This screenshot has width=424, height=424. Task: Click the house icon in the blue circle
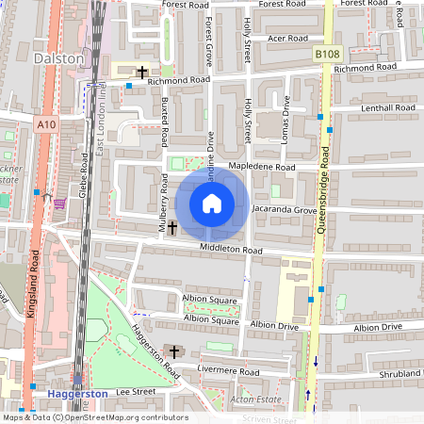[212, 204]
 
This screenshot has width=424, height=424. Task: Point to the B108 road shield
[326, 55]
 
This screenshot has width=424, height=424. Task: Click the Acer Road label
[287, 39]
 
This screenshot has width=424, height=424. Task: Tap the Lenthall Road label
[387, 109]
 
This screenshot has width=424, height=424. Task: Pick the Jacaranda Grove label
[285, 210]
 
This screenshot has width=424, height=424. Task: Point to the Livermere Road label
[229, 346]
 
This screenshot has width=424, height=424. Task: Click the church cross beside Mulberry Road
[172, 228]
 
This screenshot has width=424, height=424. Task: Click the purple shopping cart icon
[60, 203]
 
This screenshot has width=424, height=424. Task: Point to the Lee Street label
[135, 390]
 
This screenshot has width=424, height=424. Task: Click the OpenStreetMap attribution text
[94, 417]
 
